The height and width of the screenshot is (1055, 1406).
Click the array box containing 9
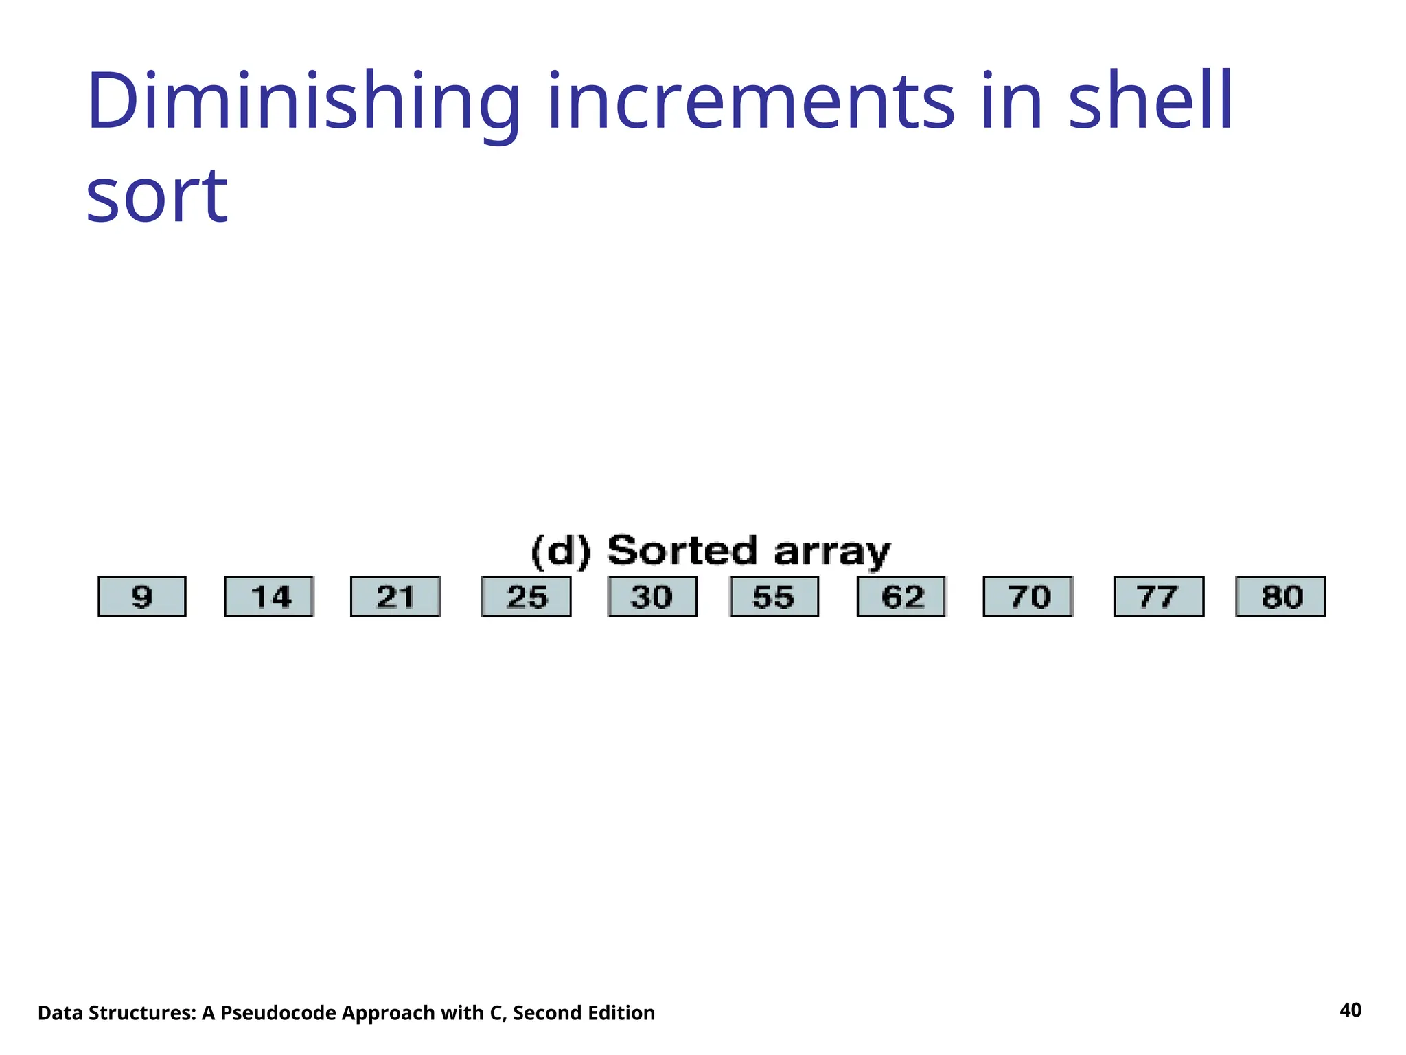[x=142, y=596]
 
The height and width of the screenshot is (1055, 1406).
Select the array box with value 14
[x=269, y=596]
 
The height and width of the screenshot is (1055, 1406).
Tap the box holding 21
[x=395, y=596]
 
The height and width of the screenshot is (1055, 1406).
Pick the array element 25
[x=527, y=596]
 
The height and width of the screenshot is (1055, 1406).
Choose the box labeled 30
[x=652, y=596]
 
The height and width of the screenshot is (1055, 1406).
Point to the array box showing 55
[x=774, y=596]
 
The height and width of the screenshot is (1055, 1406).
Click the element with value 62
[x=901, y=596]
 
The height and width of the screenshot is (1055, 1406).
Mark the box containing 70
[x=1028, y=596]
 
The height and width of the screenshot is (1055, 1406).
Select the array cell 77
[x=1158, y=596]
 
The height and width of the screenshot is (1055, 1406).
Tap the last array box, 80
[x=1280, y=596]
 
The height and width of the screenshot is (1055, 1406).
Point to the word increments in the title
[x=751, y=103]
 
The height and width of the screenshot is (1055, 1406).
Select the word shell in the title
[x=1151, y=103]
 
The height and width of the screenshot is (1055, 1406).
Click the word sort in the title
[x=157, y=197]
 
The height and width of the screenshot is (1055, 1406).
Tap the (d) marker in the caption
[x=561, y=552]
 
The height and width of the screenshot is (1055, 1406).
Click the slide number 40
[x=1350, y=1010]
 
